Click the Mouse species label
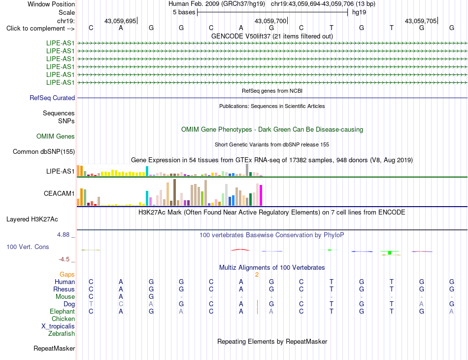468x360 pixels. [65, 297]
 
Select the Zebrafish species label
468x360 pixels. [62, 334]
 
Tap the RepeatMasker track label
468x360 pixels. [54, 348]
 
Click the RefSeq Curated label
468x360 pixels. [52, 98]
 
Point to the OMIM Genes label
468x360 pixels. [56, 137]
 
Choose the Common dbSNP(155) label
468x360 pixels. [44, 152]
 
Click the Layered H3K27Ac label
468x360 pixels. [32, 219]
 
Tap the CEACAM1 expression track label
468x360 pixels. [59, 194]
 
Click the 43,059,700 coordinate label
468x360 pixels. [270, 21]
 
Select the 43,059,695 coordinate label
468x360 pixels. [120, 21]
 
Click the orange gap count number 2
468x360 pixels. [257, 275]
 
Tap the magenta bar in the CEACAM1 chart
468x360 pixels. [261, 195]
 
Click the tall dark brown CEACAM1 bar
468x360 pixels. [174, 192]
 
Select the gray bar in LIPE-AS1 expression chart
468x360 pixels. [247, 170]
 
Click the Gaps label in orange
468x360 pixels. [67, 275]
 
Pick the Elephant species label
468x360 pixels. [63, 312]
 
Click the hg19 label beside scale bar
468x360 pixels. [359, 12]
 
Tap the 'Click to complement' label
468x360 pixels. [40, 29]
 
